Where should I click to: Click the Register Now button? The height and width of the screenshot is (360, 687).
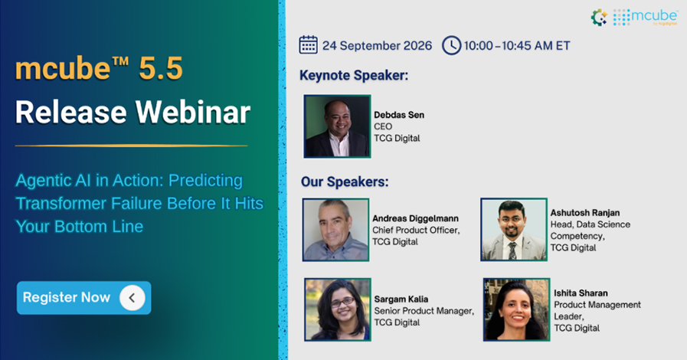(83, 298)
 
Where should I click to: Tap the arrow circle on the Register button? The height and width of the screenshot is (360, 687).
(132, 298)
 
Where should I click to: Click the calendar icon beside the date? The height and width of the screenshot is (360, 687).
(309, 44)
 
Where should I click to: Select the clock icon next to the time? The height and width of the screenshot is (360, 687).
(451, 45)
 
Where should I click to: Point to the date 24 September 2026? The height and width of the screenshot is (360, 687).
(378, 45)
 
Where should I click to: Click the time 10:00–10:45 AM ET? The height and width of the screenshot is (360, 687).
(517, 45)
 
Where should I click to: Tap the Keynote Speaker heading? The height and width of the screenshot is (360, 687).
(354, 75)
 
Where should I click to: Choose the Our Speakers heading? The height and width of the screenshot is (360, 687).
(345, 182)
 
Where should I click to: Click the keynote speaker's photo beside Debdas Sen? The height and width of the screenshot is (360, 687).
(337, 126)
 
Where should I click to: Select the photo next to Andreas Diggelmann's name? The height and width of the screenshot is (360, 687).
(335, 230)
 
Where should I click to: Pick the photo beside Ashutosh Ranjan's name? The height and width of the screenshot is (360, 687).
(514, 230)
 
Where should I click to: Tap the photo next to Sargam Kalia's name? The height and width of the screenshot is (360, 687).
(338, 309)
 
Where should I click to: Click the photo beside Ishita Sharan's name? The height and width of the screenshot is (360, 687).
(516, 309)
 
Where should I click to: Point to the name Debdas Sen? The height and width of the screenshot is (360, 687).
(399, 115)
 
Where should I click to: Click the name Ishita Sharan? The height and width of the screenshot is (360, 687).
(581, 293)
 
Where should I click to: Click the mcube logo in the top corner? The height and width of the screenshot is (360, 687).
(634, 17)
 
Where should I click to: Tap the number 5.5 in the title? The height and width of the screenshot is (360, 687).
(161, 69)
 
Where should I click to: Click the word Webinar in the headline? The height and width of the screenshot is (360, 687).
(193, 112)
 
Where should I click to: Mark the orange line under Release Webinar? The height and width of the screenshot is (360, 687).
(132, 146)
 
